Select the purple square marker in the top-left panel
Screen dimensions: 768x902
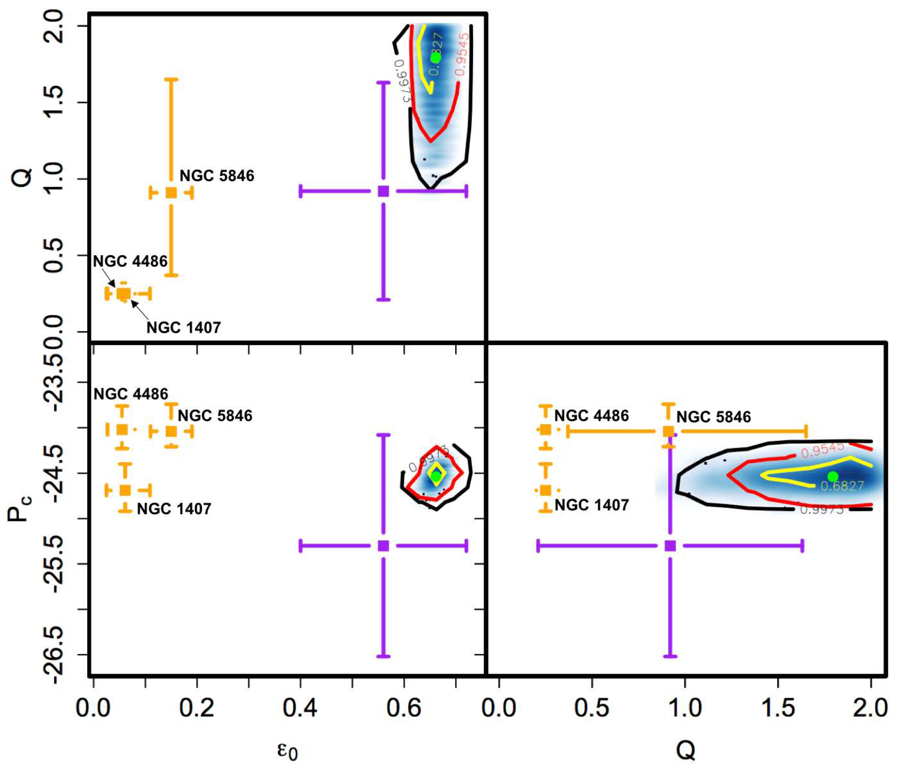(383, 191)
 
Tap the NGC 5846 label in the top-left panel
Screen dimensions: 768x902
(217, 176)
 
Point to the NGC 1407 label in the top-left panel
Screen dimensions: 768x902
(183, 328)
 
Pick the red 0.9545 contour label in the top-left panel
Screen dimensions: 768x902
(462, 54)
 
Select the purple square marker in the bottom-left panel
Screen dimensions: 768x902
(383, 546)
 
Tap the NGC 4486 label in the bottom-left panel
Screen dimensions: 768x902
(131, 394)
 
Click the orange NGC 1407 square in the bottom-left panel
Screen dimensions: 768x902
(125, 490)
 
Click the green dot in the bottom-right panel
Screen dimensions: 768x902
(833, 476)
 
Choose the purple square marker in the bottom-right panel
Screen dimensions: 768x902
(670, 546)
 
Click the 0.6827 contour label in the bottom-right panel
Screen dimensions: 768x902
(842, 486)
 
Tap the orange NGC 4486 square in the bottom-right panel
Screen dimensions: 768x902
(545, 430)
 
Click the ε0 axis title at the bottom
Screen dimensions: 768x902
(287, 751)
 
